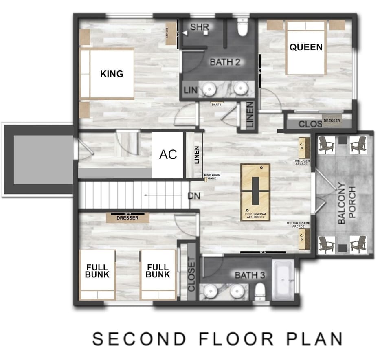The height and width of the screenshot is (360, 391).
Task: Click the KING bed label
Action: tap(112, 74)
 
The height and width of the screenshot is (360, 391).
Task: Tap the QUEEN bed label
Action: tap(306, 47)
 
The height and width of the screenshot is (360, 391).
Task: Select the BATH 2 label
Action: tap(225, 62)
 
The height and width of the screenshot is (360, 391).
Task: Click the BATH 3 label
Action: tap(250, 276)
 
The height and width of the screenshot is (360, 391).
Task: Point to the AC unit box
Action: tap(168, 155)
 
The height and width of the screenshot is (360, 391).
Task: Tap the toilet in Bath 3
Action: tap(260, 290)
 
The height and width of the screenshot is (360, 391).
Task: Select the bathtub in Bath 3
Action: tap(283, 281)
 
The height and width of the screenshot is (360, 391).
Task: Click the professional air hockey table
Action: tap(255, 191)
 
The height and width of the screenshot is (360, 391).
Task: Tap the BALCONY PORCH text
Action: tap(347, 204)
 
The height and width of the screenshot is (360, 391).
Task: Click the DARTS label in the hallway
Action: tap(216, 104)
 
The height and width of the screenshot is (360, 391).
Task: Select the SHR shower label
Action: tap(200, 27)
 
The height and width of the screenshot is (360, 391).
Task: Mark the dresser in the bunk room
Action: tap(127, 218)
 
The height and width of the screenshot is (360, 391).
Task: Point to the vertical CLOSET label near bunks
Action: tap(191, 274)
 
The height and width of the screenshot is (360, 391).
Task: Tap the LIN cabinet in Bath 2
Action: tap(189, 90)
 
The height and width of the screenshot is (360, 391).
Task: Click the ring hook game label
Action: tap(212, 177)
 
